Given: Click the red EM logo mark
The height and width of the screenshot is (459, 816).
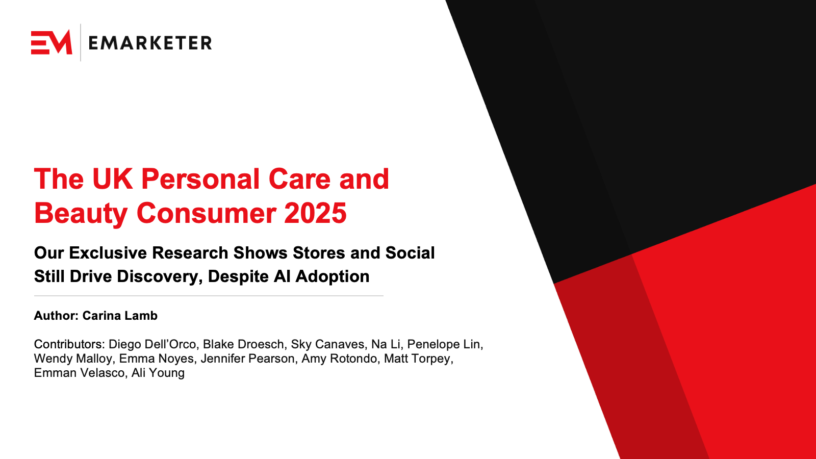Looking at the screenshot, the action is click(52, 42).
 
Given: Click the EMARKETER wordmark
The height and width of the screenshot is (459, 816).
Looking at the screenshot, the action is click(150, 43).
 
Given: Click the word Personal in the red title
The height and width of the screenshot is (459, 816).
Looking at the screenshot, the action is click(200, 179).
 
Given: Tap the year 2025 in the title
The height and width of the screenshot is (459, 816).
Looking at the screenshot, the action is click(316, 213).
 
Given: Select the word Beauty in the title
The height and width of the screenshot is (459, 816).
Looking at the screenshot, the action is click(81, 214).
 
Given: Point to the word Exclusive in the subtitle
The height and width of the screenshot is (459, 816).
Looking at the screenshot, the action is click(108, 253).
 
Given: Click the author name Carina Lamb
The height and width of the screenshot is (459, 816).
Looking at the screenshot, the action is click(120, 316).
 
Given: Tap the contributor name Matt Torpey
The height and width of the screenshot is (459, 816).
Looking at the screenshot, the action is click(418, 359).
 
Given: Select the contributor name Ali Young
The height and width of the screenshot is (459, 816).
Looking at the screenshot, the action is click(158, 373).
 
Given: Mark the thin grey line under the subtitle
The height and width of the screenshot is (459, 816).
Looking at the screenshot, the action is click(209, 296).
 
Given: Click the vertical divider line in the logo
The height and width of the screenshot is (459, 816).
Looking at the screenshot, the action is click(81, 42).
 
